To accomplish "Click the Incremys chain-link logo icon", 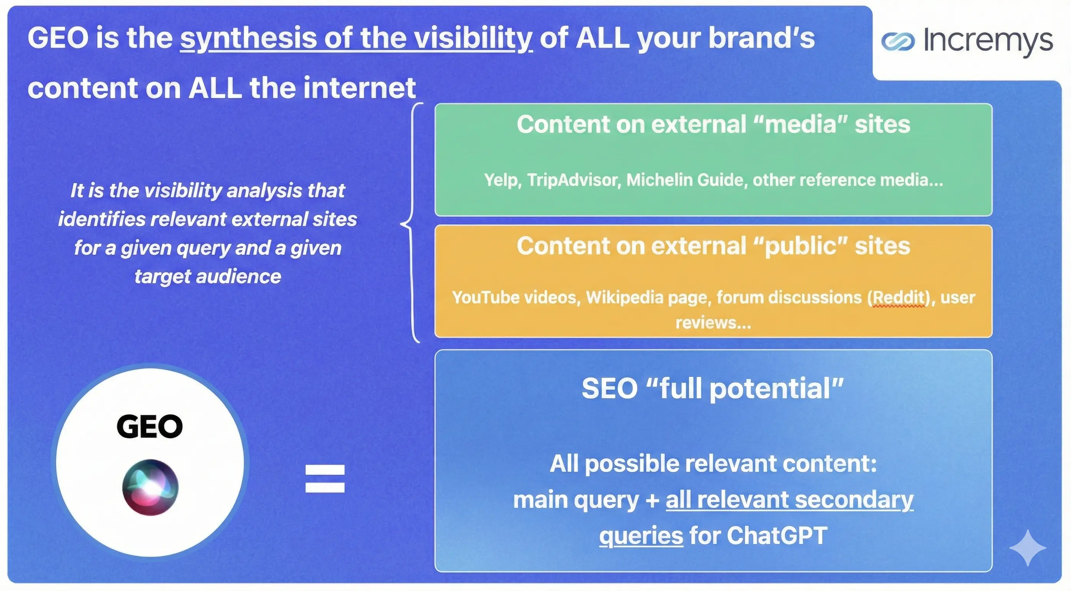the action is coord(898,41).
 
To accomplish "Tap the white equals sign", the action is coord(325,478).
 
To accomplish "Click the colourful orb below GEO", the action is coord(150,487).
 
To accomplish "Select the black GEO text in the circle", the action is coord(150,426).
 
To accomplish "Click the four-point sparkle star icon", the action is coord(1028,548).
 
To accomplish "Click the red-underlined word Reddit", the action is coord(898,297).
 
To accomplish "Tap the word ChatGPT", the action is coord(777,535).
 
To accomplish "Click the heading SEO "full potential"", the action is coord(712,389).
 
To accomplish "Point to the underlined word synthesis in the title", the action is coord(249,38).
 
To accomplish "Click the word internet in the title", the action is coord(359,88).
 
